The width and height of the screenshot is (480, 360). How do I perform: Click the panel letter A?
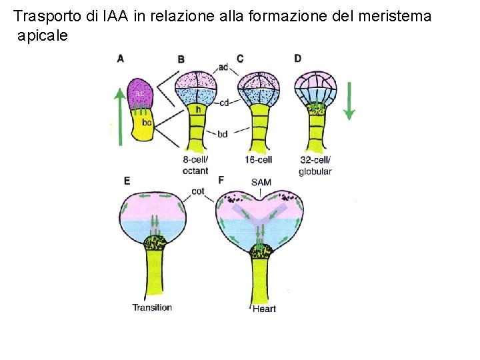coord(120,58)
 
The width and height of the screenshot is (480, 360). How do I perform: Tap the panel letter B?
coord(181,60)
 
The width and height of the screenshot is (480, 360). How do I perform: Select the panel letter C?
coord(240,58)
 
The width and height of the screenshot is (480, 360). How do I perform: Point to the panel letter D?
coord(297,58)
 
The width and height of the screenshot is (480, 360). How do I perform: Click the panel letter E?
coord(127,181)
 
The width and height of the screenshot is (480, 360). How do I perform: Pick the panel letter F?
coord(221,181)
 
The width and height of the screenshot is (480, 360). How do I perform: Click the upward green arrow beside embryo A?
coord(119,116)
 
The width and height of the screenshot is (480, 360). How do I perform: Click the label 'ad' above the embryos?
coord(223,67)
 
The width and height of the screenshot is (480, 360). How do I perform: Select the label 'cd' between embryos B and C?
coord(224,101)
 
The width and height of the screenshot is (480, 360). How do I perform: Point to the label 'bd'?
coord(223,134)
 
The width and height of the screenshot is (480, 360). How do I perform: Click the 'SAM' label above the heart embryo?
coord(261,182)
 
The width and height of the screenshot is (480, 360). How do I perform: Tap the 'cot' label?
coord(197,191)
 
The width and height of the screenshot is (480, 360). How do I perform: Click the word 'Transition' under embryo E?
coord(152,307)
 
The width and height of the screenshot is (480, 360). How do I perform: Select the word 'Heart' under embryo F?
coord(264,309)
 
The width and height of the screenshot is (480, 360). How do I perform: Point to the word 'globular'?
coord(315,171)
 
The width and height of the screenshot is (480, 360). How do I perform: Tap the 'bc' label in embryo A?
coord(147,123)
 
